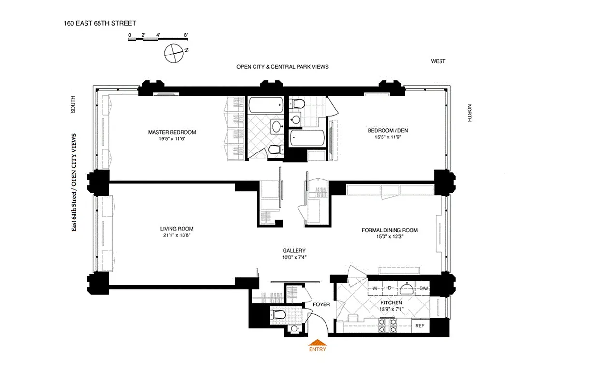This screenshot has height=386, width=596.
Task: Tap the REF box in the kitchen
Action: pyautogui.click(x=420, y=326)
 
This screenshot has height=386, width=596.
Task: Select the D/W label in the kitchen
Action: pyautogui.click(x=424, y=289)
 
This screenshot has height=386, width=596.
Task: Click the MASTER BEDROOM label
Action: pyautogui.click(x=172, y=132)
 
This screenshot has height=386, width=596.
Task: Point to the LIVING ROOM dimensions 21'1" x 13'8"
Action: pyautogui.click(x=177, y=235)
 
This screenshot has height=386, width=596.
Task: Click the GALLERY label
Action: pyautogui.click(x=294, y=251)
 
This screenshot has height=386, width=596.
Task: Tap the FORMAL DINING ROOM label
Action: pyautogui.click(x=389, y=230)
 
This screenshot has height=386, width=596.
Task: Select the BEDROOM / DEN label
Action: pyautogui.click(x=384, y=131)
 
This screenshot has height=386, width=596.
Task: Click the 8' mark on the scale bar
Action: pyautogui.click(x=186, y=35)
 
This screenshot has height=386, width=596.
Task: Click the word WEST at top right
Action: pyautogui.click(x=438, y=61)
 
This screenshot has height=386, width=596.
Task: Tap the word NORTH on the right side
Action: pyautogui.click(x=468, y=113)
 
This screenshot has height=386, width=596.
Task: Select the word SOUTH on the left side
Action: pyautogui.click(x=73, y=105)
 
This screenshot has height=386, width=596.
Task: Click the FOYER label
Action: pyautogui.click(x=321, y=304)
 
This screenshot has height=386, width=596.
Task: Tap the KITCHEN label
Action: pyautogui.click(x=390, y=303)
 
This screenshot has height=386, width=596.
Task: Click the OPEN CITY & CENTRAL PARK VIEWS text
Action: pyautogui.click(x=282, y=67)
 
